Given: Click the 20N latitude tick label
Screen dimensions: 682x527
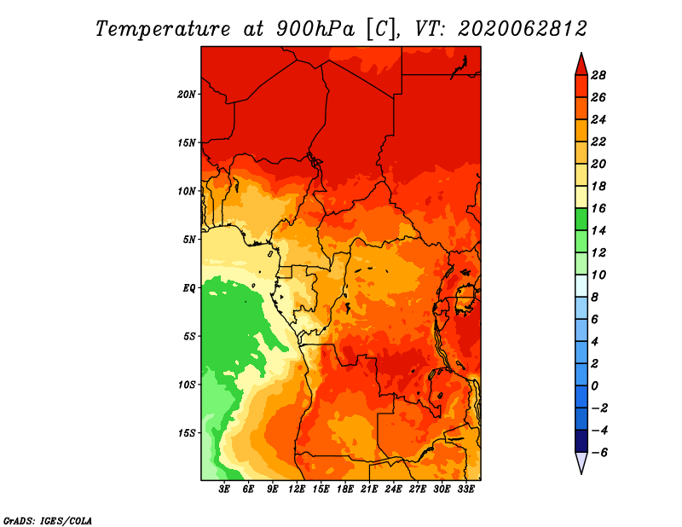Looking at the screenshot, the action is (x=187, y=95).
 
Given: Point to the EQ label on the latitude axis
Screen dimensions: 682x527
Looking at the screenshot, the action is (x=189, y=288).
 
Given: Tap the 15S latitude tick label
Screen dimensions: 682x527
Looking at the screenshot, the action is (x=187, y=433).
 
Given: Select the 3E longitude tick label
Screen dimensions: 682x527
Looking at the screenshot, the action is (x=224, y=489).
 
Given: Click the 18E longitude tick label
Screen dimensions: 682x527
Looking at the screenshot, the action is (x=345, y=489).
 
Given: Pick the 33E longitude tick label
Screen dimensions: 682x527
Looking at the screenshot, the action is (x=465, y=489).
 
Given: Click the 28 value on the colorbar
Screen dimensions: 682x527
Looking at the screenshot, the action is (x=598, y=76).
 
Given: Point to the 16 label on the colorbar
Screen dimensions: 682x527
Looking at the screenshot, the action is (x=598, y=209).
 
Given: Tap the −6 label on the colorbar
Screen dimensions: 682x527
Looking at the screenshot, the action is (x=599, y=453).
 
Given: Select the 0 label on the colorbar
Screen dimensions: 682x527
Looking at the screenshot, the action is (x=594, y=386).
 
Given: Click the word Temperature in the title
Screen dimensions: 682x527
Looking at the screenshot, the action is (x=163, y=30).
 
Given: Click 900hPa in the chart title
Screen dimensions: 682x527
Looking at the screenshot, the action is (x=315, y=29).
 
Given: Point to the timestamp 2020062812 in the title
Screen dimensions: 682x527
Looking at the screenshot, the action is (x=523, y=29).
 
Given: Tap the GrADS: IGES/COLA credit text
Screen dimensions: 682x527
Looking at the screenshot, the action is (x=48, y=521).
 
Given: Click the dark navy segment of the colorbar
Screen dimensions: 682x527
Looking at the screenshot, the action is (x=581, y=441).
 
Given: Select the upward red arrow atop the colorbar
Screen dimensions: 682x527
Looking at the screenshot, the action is (x=581, y=65).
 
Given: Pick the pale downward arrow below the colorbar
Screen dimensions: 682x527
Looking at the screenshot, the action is (x=581, y=463).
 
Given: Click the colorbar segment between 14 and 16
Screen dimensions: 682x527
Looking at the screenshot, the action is (x=581, y=220).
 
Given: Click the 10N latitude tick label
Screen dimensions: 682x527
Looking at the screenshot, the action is (x=187, y=192).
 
